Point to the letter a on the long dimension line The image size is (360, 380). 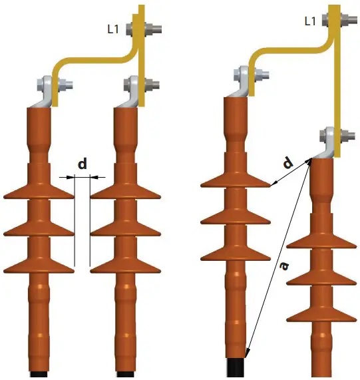tap(283, 265)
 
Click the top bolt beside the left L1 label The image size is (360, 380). tap(154, 29)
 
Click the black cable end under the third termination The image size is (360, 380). tap(237, 368)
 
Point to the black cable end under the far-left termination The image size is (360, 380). tap(39, 375)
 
